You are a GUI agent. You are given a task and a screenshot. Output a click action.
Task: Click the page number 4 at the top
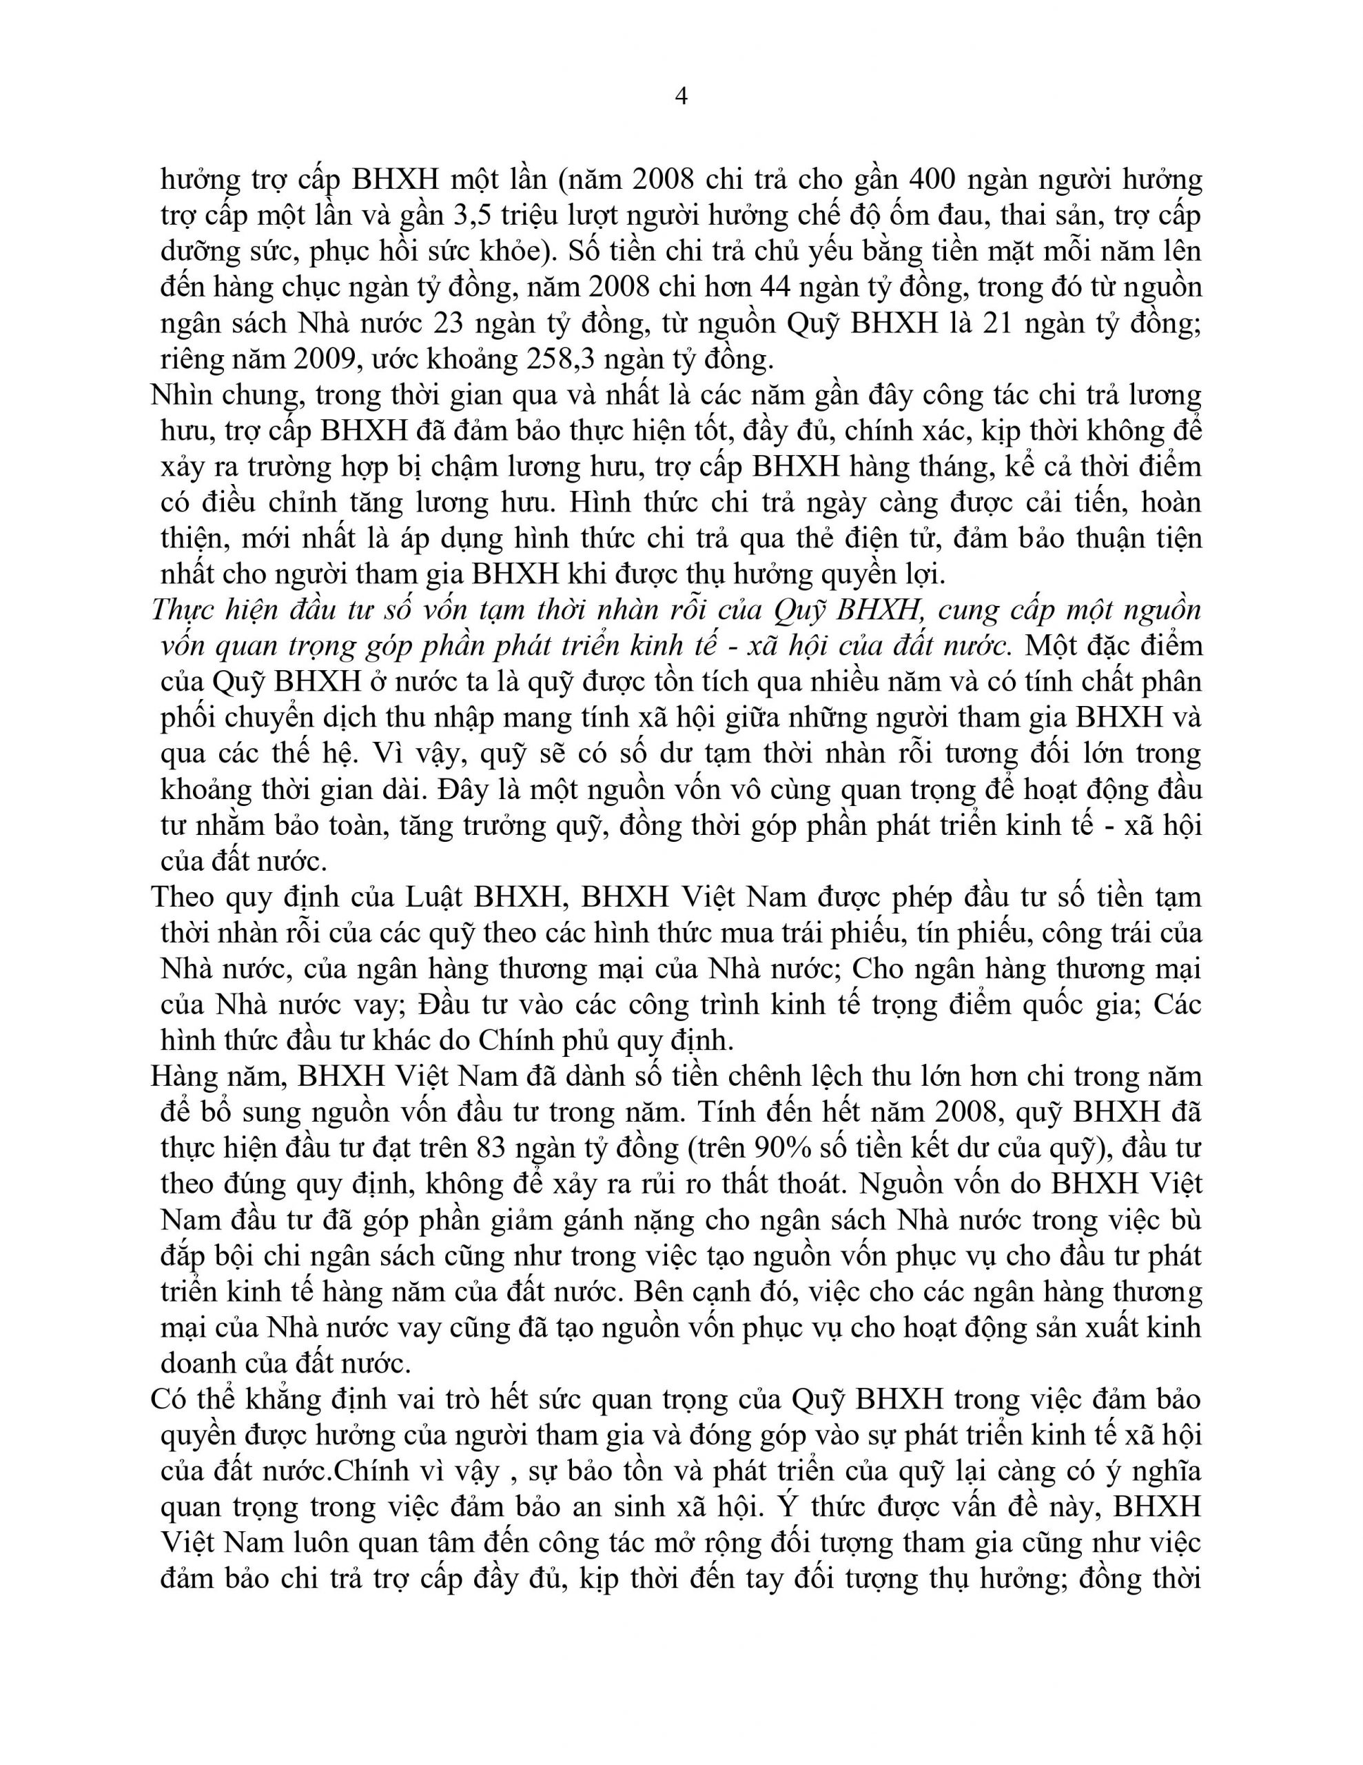point(681,97)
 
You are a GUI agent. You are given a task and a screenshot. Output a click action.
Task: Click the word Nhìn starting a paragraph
point(184,395)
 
